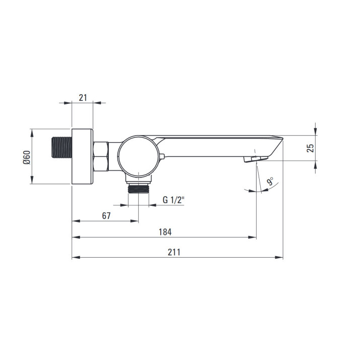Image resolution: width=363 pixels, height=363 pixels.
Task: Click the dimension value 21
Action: tap(83, 98)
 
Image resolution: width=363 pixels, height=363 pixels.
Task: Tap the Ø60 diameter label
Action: tap(27, 157)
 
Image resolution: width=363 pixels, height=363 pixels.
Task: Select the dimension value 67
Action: tap(106, 216)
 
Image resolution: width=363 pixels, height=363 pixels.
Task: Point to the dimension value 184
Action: tap(165, 232)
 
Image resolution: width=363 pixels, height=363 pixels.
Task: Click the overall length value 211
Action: tap(174, 252)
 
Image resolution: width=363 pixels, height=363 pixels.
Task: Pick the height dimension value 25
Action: tap(311, 148)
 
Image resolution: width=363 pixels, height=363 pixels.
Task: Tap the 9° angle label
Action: tap(270, 181)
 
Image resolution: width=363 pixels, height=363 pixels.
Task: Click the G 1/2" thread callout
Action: tap(173, 200)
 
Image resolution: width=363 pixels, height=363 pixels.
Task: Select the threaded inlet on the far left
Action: tap(62, 147)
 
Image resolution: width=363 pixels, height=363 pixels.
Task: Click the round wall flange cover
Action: tap(82, 156)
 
